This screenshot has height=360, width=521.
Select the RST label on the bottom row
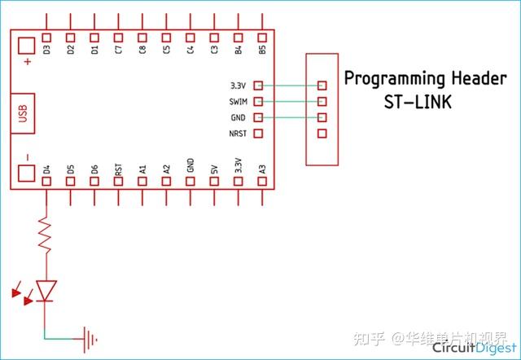click(x=119, y=169)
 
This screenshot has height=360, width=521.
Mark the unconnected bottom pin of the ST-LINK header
click(x=322, y=134)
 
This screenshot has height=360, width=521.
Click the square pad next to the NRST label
click(x=259, y=134)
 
